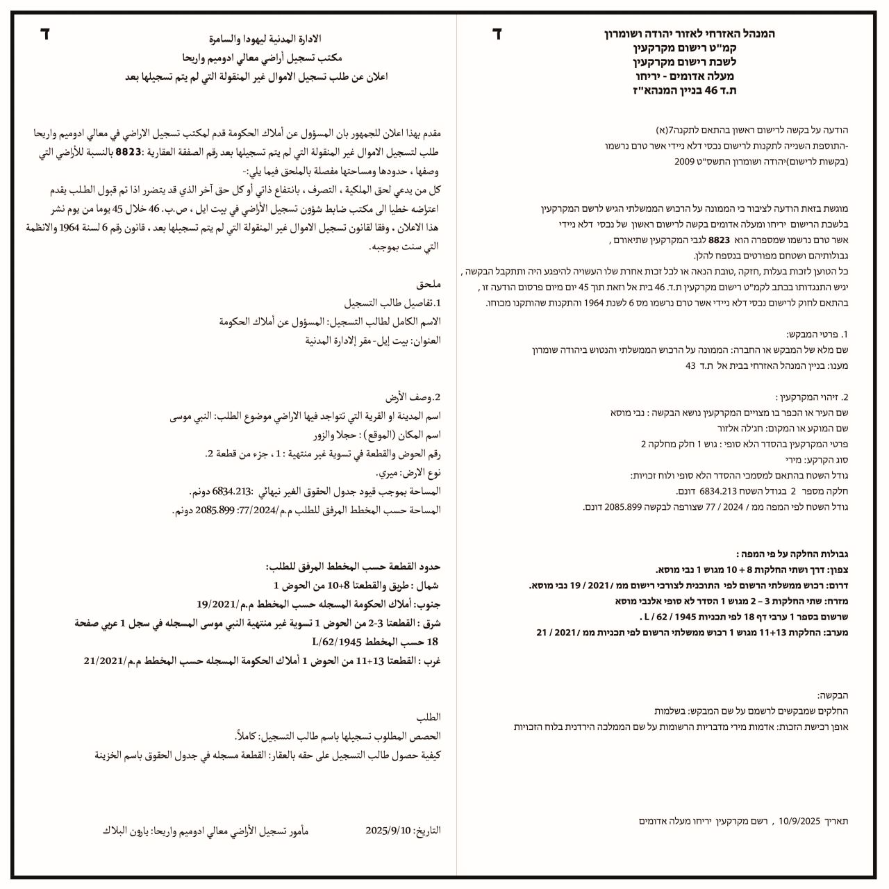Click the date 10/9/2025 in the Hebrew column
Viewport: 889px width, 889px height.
[x=801, y=821]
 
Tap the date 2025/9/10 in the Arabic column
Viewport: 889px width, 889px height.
[x=389, y=831]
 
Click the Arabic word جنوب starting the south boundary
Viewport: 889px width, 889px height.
[x=429, y=604]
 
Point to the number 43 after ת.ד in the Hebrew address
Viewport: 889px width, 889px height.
[x=690, y=365]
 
